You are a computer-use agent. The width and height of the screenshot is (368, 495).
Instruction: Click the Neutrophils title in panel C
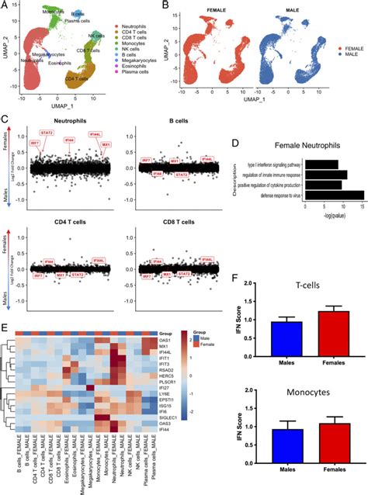70,122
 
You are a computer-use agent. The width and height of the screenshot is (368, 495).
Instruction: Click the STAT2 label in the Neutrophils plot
47,133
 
